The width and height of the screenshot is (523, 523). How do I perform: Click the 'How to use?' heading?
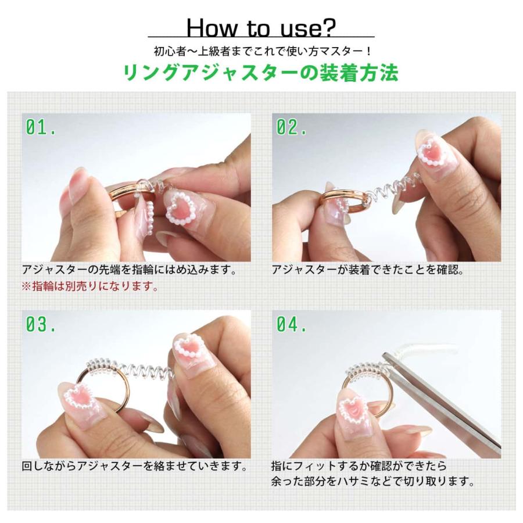point(261,28)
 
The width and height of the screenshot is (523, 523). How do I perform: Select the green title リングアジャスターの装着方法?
point(261,73)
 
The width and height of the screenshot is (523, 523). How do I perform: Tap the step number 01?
point(41,127)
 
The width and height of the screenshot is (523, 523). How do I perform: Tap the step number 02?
point(291,127)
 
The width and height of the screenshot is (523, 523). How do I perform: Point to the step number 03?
point(41,324)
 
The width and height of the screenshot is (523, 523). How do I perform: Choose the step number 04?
point(291,324)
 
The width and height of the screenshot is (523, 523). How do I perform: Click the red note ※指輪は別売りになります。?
point(90,286)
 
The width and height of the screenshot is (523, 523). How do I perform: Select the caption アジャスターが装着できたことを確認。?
point(368,270)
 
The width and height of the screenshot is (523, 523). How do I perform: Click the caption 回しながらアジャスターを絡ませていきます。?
point(135,466)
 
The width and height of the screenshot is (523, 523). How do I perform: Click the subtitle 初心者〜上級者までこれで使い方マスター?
point(263,51)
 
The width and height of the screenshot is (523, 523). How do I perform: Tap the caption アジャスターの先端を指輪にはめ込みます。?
point(130,270)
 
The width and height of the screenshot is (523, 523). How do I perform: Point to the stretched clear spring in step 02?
point(393,188)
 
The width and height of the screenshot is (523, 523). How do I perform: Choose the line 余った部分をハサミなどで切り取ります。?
point(373,481)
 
